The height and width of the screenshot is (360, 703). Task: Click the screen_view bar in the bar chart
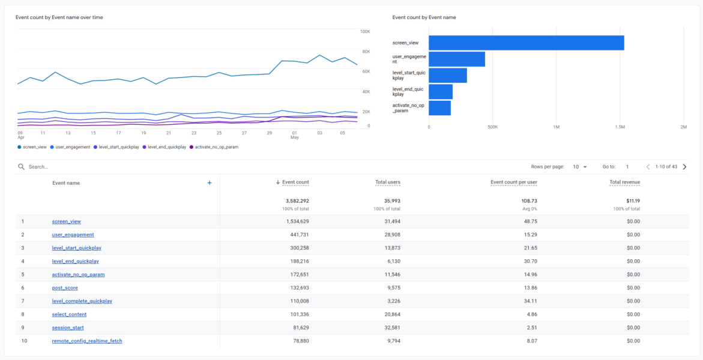[x=526, y=43]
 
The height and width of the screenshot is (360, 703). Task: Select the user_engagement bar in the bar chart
[x=456, y=59]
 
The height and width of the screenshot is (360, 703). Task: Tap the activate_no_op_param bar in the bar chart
[x=439, y=108]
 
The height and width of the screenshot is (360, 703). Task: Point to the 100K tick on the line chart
[x=365, y=31]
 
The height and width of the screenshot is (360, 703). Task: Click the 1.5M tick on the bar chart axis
[x=620, y=127]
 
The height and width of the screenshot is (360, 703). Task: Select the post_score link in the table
[x=65, y=288]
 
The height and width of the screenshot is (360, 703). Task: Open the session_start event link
[x=68, y=328]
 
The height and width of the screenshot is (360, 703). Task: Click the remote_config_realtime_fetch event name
[x=87, y=341]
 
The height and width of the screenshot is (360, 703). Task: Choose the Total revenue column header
[x=624, y=182]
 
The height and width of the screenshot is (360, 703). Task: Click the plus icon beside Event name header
[x=210, y=183]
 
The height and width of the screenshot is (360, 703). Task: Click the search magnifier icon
[x=22, y=167]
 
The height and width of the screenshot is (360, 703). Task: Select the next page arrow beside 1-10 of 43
[x=684, y=167]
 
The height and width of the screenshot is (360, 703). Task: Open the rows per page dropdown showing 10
[x=580, y=167]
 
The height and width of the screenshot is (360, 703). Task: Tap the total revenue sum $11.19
[x=632, y=200]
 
